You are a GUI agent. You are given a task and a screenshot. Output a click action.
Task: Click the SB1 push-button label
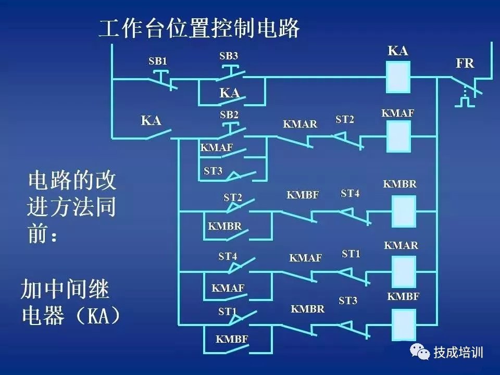(x=157, y=61)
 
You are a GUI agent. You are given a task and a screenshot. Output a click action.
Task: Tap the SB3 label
(x=229, y=56)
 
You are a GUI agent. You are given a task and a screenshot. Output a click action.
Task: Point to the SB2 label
(x=229, y=115)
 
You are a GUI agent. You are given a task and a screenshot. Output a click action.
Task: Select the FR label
(x=465, y=64)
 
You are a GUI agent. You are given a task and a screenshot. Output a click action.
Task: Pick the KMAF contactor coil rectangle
(x=398, y=136)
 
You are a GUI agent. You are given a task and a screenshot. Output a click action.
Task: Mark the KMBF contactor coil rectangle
(x=403, y=324)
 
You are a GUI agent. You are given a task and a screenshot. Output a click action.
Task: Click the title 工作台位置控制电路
(x=199, y=29)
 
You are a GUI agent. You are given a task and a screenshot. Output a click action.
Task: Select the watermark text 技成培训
(x=458, y=353)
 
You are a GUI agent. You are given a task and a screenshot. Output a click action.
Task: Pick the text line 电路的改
(x=72, y=181)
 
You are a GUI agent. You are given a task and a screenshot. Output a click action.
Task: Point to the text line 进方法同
(x=72, y=208)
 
